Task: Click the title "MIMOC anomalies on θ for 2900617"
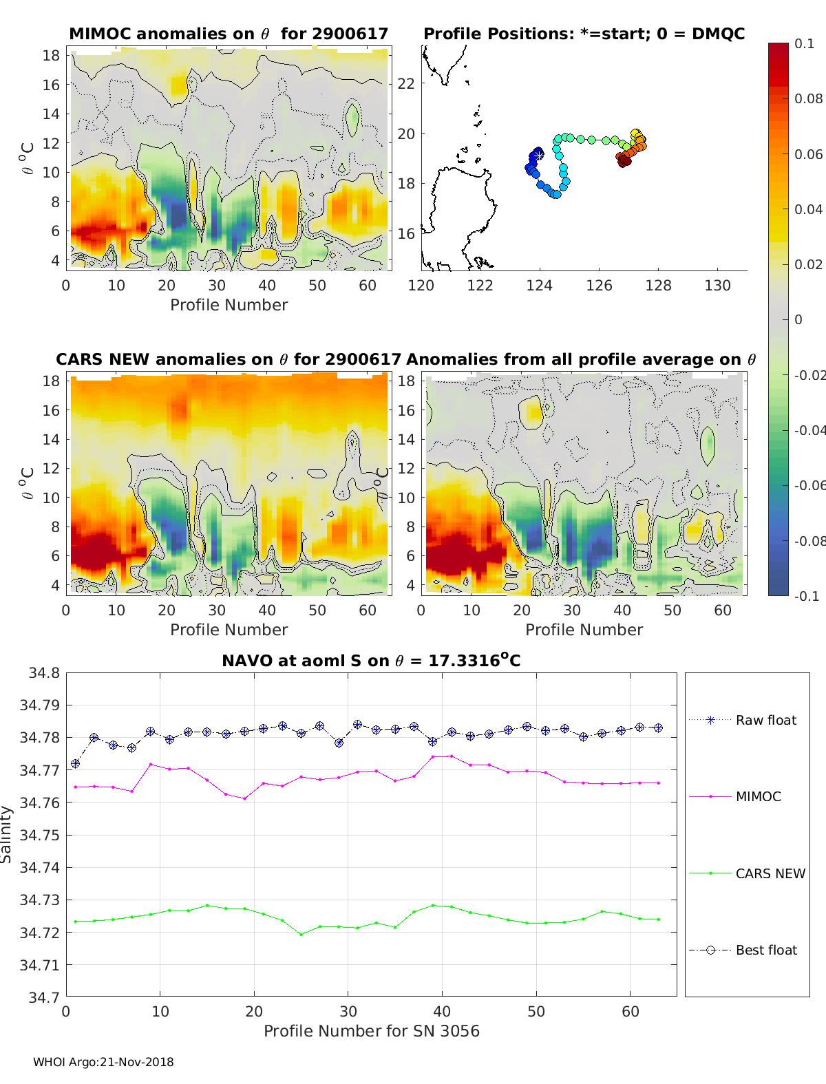pos(229,34)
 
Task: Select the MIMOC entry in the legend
pos(758,796)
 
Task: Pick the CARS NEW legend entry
pos(770,873)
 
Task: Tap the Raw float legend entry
pos(765,720)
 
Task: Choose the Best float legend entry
pos(765,950)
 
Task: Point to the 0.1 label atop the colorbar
pos(804,43)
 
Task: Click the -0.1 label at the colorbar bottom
pos(807,596)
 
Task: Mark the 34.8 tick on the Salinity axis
pos(43,672)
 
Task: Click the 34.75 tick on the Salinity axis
pos(39,835)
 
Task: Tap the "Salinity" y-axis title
pos(7,834)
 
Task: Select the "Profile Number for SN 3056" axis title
pos(371,1031)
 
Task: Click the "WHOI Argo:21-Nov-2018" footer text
pos(103,1062)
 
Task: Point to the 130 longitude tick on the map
pos(717,285)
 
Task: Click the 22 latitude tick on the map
pos(406,84)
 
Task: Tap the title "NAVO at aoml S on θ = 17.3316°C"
pos(371,661)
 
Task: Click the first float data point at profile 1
pos(76,763)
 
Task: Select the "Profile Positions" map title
pos(584,34)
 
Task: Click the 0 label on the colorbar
pos(798,319)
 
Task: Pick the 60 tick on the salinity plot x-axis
pos(630,1011)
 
